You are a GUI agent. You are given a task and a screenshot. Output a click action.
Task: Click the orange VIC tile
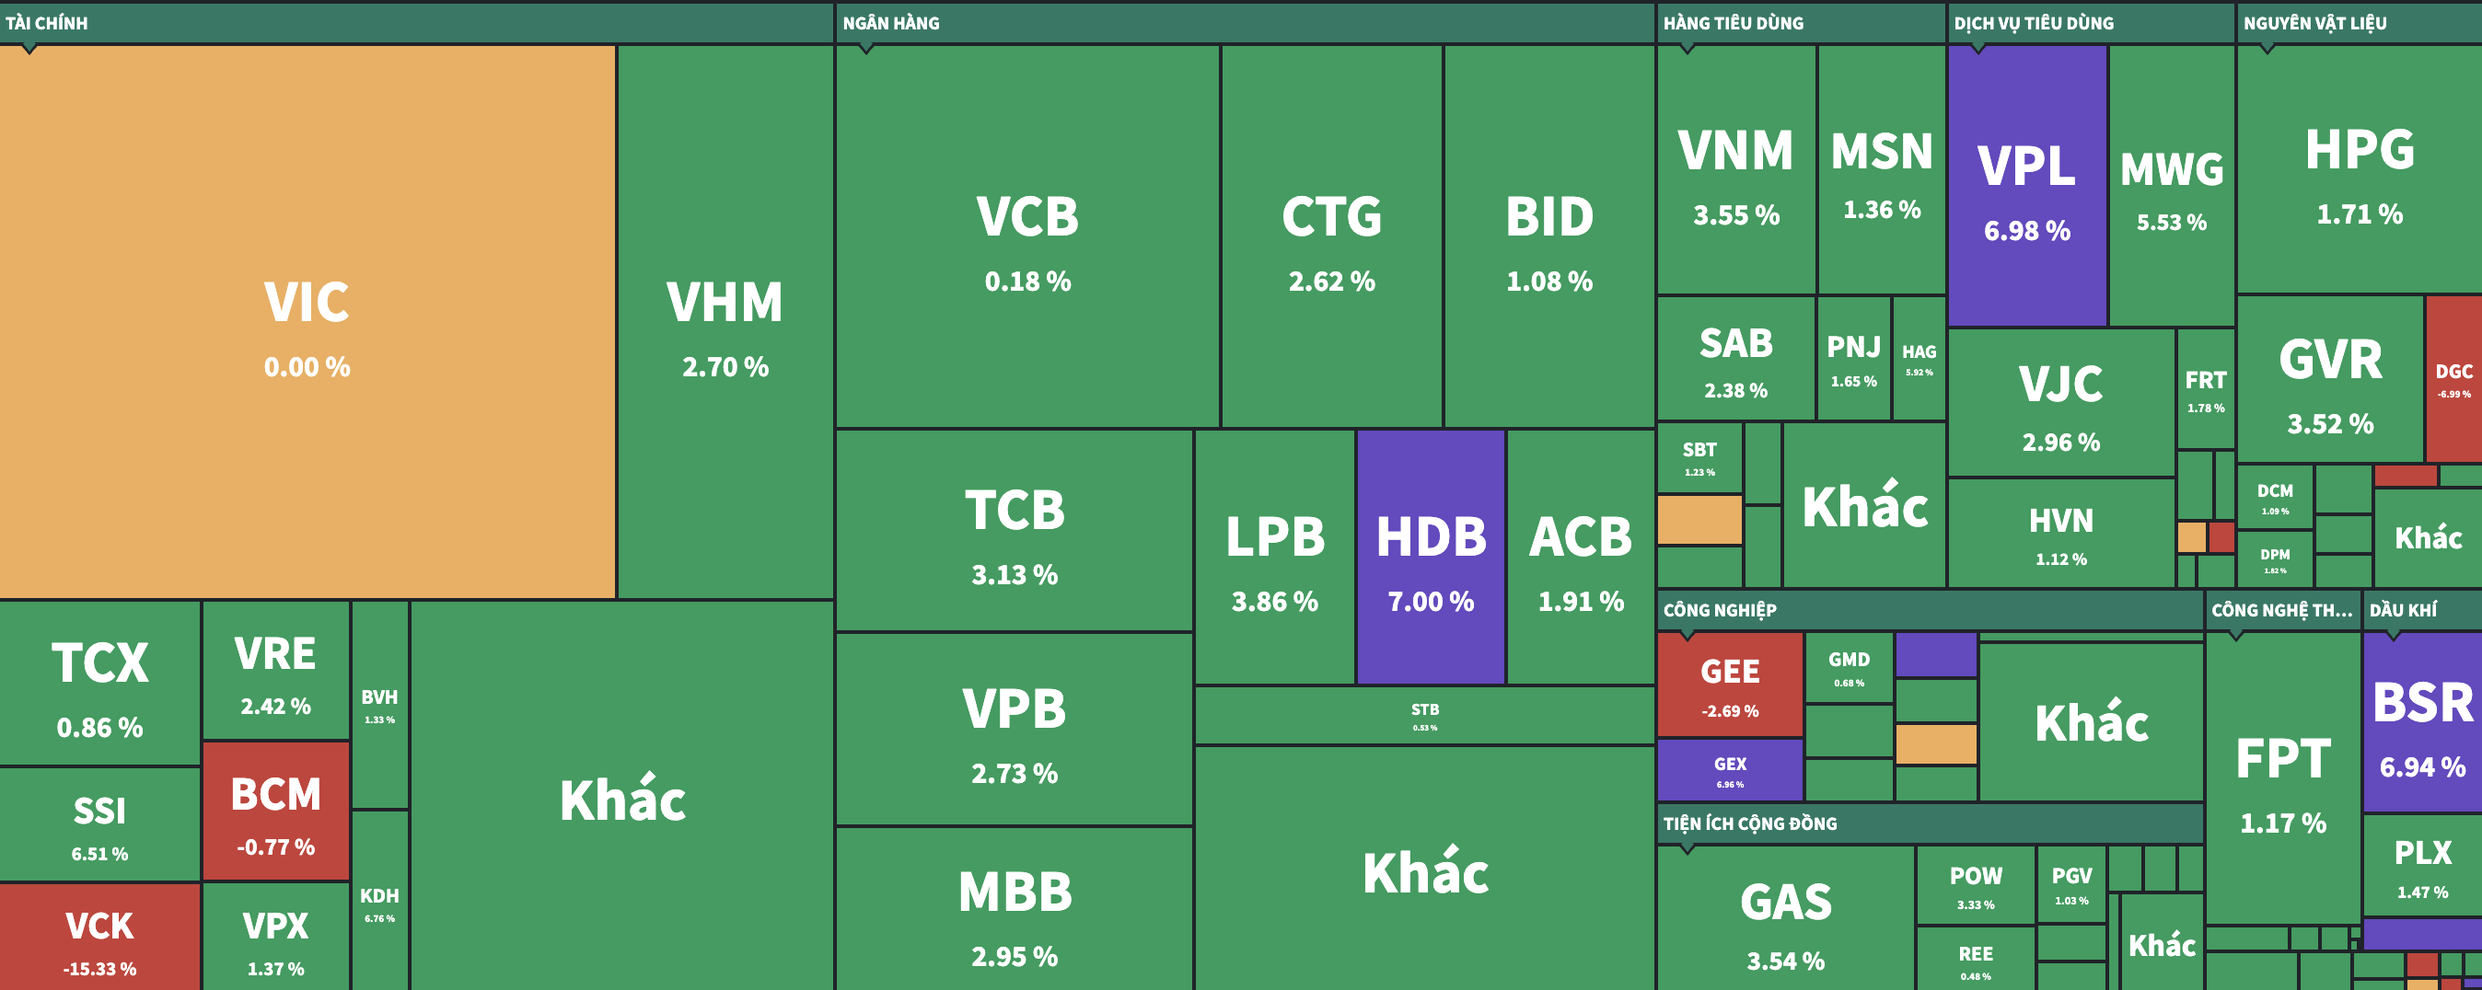(x=307, y=322)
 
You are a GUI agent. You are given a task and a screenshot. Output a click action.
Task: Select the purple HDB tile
(x=1431, y=557)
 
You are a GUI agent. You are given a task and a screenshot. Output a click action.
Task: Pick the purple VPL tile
(x=2027, y=186)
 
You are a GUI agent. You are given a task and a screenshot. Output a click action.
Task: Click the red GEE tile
(x=1730, y=684)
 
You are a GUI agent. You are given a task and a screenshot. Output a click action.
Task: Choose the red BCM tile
(x=275, y=811)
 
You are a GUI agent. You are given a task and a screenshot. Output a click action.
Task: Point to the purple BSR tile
(x=2422, y=722)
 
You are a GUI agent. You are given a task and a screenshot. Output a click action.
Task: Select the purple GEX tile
(x=1730, y=769)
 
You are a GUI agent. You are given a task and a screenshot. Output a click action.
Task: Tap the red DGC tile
(x=2453, y=379)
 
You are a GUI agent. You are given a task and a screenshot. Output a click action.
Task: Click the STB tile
(x=1424, y=716)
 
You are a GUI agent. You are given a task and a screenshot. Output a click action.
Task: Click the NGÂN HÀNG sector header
(x=891, y=23)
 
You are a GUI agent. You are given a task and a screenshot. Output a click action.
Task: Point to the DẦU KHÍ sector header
(x=2403, y=610)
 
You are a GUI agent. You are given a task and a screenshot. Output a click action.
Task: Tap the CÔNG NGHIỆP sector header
(x=1720, y=610)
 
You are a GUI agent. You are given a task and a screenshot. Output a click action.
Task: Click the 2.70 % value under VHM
(x=725, y=367)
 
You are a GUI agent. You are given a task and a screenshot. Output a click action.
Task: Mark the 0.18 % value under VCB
(x=1027, y=282)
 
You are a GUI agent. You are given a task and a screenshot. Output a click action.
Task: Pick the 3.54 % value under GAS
(x=1785, y=961)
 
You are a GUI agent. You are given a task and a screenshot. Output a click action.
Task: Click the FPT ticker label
(x=2282, y=759)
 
